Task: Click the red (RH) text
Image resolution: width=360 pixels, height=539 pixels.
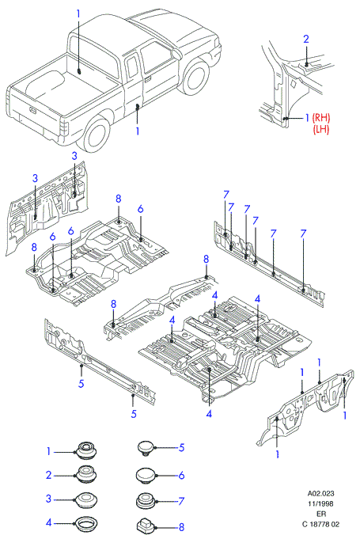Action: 321,118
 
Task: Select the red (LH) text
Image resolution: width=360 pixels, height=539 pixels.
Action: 321,129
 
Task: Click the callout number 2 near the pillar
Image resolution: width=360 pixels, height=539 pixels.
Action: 305,39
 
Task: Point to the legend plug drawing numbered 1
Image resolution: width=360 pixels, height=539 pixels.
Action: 86,450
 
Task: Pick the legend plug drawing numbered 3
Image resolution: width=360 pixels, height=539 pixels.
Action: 86,499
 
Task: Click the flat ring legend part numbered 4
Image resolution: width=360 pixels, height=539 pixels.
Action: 86,524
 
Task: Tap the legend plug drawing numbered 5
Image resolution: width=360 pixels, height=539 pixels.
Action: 146,448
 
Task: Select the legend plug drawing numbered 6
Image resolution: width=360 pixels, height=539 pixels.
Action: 146,476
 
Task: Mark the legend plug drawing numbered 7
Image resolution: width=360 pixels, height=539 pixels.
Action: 146,501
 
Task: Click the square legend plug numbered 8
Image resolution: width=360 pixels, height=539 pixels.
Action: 146,526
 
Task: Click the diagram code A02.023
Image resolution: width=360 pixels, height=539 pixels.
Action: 320,493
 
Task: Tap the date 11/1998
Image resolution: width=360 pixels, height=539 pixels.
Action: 320,503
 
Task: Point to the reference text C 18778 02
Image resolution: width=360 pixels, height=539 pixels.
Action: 320,524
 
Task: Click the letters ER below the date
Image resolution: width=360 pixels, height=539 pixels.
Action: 321,514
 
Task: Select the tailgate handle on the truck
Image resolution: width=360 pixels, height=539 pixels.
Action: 32,110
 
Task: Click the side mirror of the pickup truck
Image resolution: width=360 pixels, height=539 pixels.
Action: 177,53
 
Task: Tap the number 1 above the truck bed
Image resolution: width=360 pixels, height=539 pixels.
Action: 78,14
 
